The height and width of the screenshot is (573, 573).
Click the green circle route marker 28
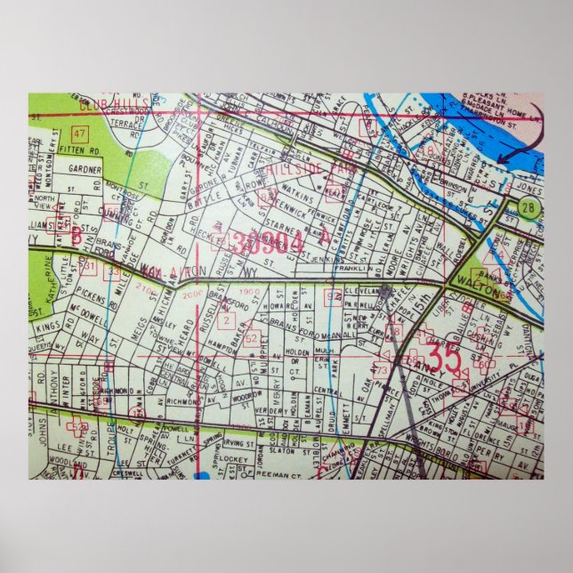(x=529, y=208)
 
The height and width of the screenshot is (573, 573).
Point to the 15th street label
(x=421, y=319)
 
